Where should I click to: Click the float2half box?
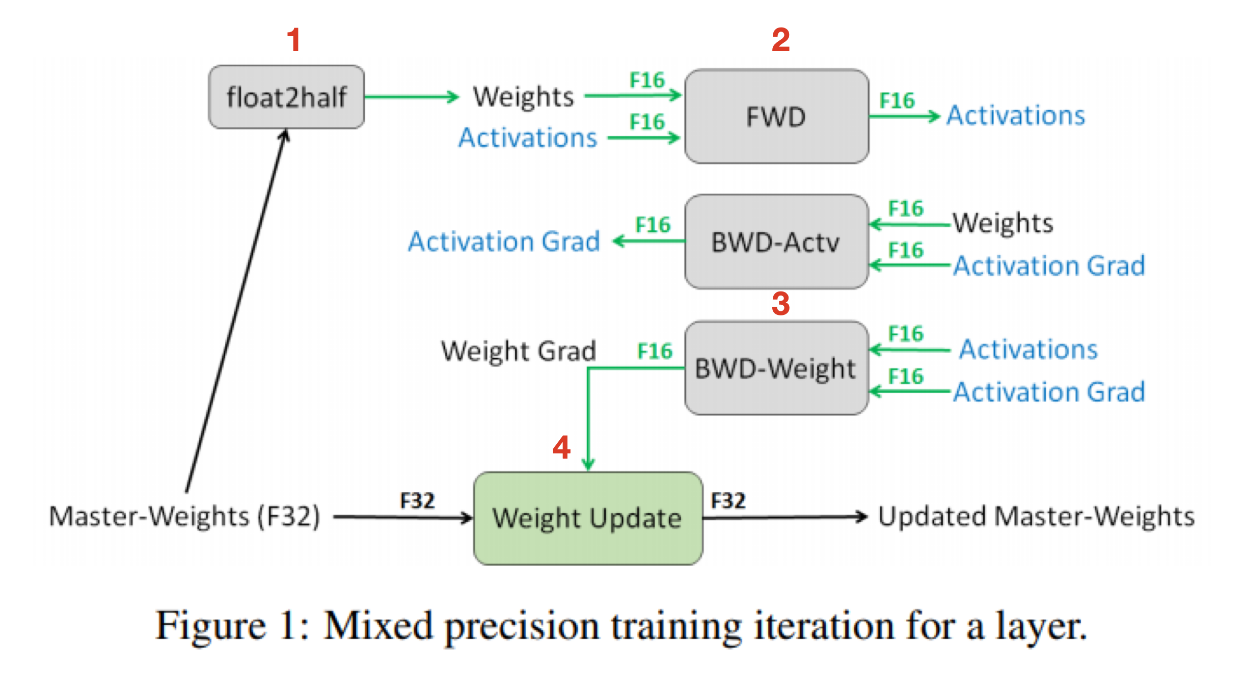[286, 97]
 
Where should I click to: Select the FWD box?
[776, 117]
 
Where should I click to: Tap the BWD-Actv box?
[776, 242]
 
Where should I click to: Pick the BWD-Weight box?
[776, 368]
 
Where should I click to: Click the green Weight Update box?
[588, 518]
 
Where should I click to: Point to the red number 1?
[293, 40]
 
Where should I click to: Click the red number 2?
[781, 40]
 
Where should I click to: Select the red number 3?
[781, 304]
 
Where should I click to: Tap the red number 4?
[561, 447]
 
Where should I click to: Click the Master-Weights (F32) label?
[184, 517]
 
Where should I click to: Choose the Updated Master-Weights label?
[1036, 517]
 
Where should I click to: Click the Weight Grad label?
[519, 351]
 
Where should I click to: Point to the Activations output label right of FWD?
[1016, 116]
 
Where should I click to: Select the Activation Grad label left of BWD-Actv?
[504, 242]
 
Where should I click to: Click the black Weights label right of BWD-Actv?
[1003, 223]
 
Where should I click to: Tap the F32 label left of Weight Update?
[417, 501]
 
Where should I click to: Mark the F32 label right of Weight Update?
[728, 501]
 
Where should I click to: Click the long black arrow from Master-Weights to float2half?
[237, 311]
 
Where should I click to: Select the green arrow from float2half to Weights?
[412, 97]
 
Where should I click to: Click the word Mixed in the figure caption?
[378, 626]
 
